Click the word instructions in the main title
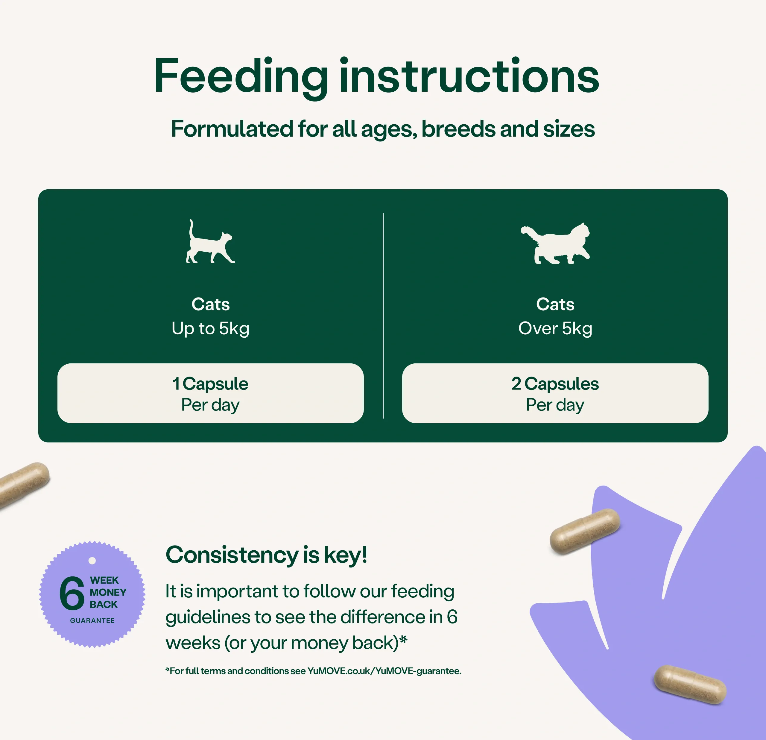point(469,76)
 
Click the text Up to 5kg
point(210,329)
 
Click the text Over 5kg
point(555,329)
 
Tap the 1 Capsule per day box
point(210,393)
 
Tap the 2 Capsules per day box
point(555,393)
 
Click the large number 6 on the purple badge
point(72,593)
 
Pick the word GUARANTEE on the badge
point(92,621)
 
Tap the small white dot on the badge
point(92,561)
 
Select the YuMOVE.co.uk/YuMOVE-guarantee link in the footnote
point(384,671)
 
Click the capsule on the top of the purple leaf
point(585,531)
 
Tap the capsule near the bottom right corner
point(690,685)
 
